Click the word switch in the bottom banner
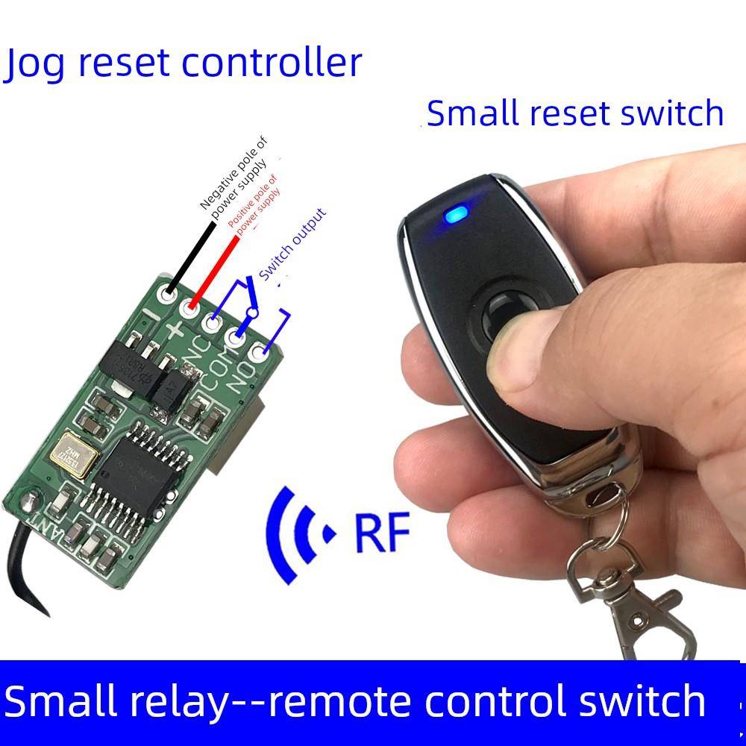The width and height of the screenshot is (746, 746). tap(639, 702)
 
